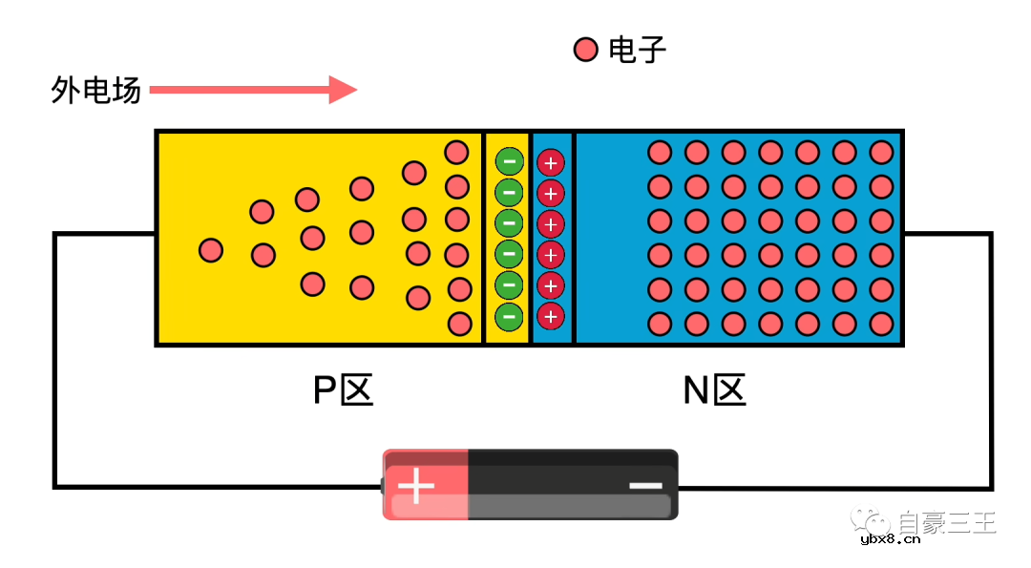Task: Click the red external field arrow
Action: [253, 90]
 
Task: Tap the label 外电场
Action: [95, 91]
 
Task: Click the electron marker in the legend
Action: [585, 50]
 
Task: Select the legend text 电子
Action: [637, 50]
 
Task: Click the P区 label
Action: [343, 389]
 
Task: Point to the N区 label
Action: [714, 389]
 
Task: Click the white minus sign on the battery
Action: [646, 486]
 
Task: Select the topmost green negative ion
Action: [509, 161]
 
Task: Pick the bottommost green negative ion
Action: [509, 315]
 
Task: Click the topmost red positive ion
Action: [550, 162]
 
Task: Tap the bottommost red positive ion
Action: [550, 315]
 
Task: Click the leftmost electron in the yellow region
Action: [211, 250]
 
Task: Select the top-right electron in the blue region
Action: [881, 152]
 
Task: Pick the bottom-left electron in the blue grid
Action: [660, 323]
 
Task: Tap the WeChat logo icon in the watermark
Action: [872, 521]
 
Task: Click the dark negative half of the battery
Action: [573, 485]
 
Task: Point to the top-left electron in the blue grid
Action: [660, 152]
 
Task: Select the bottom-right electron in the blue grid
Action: [881, 323]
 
